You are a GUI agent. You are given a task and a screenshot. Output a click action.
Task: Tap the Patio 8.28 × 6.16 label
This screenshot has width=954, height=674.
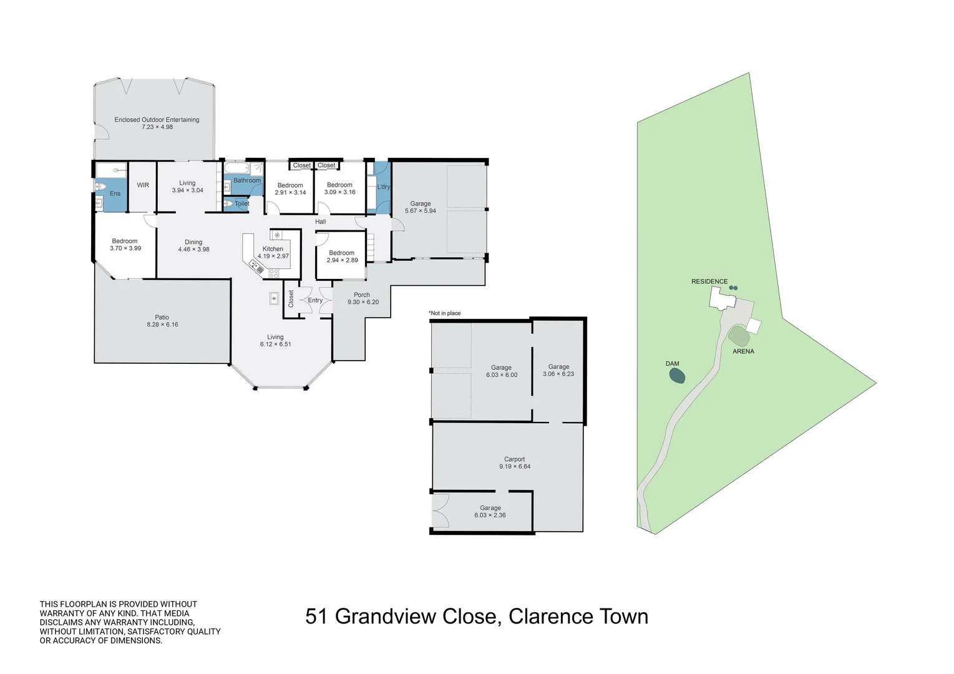[x=162, y=321]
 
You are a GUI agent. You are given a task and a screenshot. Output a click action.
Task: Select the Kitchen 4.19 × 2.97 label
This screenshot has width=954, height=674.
[x=273, y=252]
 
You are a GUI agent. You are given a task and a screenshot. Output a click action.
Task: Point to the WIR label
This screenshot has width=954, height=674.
[x=143, y=185]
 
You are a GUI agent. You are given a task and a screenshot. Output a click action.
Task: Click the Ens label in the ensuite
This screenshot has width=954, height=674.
[x=115, y=193]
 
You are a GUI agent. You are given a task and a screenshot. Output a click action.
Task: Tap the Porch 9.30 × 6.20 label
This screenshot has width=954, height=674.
[x=363, y=298]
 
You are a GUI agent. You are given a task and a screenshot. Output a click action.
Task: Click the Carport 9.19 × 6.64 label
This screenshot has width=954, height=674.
[x=515, y=462]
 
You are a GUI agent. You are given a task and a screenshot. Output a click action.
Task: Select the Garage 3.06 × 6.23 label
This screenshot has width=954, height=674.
[x=558, y=370]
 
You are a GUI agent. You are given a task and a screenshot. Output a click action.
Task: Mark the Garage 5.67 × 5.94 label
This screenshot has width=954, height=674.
[x=421, y=207]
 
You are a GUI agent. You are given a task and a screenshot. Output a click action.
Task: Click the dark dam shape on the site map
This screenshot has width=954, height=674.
[x=677, y=376]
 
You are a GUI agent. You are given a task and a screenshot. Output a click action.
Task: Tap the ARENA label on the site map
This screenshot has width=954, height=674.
[x=743, y=351]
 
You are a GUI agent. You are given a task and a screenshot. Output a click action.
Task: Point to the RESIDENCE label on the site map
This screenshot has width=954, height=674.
[x=709, y=281]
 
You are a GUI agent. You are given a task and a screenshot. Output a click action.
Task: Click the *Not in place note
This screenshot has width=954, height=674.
[x=444, y=313]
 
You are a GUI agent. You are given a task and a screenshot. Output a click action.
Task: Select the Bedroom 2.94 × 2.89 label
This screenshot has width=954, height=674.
[x=342, y=256]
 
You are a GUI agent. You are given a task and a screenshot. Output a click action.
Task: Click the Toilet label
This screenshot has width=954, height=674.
[x=241, y=203]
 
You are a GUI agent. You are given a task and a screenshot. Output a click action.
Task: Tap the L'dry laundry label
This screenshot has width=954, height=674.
[x=383, y=187]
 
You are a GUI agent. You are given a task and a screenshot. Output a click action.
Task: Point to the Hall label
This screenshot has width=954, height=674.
[x=320, y=222]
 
